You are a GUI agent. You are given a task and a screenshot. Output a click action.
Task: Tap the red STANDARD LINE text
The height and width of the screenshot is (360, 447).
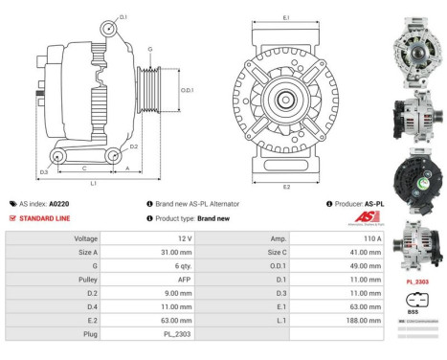[45, 218]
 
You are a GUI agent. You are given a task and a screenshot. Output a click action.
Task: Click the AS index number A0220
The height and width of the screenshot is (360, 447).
[58, 204]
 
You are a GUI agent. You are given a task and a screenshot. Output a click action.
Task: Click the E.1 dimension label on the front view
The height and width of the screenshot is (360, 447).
[286, 16]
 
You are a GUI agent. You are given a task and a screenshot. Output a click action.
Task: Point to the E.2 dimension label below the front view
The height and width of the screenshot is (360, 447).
[286, 188]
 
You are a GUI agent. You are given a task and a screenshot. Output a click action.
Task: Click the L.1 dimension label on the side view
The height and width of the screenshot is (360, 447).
[93, 182]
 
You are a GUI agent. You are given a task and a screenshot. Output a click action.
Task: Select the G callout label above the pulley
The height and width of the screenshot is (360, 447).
[149, 48]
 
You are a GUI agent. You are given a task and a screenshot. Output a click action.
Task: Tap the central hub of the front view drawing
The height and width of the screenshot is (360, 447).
[286, 100]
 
